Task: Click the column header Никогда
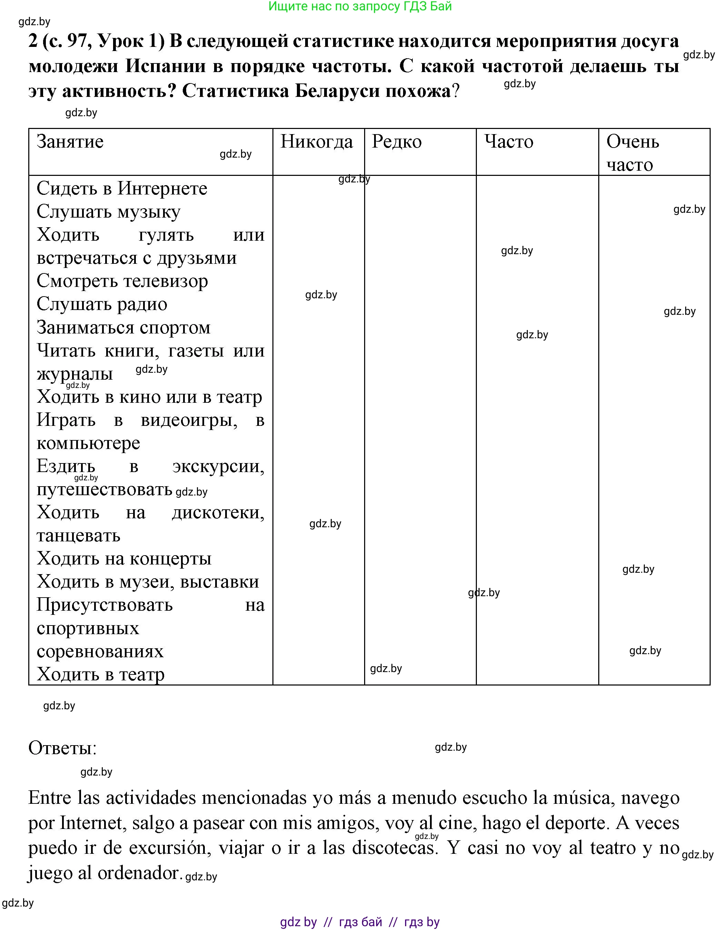317,142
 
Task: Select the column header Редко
397,142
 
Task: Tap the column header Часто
509,142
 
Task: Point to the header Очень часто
632,153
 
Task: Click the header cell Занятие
70,142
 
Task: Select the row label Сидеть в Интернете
122,189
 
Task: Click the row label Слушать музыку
108,212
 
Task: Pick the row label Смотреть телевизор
122,281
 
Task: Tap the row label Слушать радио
102,304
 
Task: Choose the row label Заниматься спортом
123,328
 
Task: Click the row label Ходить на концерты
124,558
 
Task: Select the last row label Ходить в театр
100,674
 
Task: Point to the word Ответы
63,748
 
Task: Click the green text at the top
360,7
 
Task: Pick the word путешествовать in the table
104,489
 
